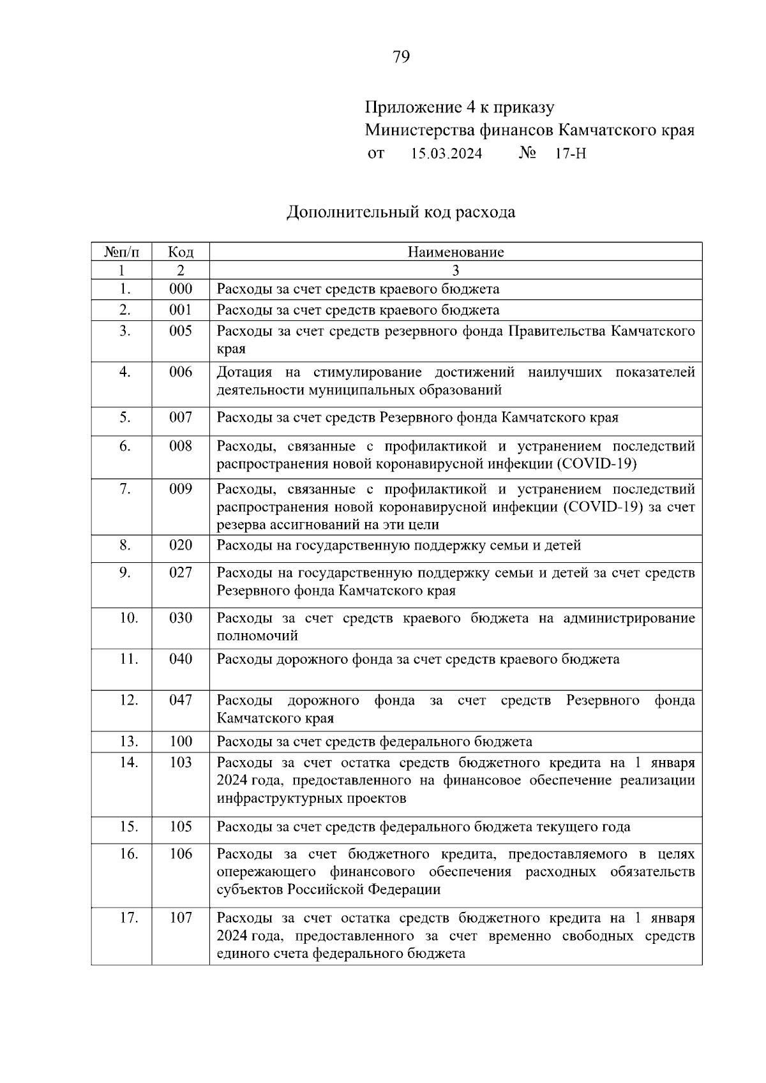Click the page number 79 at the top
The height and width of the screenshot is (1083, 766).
tap(401, 57)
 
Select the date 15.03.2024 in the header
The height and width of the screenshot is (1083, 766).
tap(446, 154)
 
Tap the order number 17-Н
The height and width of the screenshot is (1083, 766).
tap(570, 154)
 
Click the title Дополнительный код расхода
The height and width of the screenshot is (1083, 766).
tap(400, 212)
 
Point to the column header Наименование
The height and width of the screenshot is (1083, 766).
tap(455, 252)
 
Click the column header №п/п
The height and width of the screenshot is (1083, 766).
tap(121, 252)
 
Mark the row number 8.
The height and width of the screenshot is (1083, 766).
tap(124, 545)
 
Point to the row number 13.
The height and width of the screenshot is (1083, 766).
tap(128, 741)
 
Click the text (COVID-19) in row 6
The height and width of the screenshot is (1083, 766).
tap(597, 463)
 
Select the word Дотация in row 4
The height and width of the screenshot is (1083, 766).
tap(244, 372)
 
